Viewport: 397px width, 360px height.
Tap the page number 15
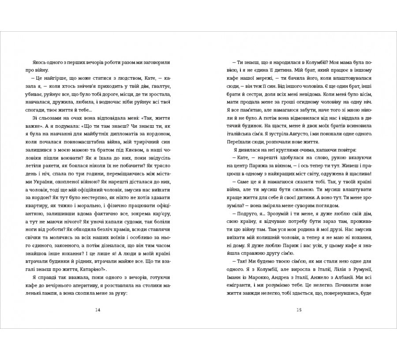(299, 310)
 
